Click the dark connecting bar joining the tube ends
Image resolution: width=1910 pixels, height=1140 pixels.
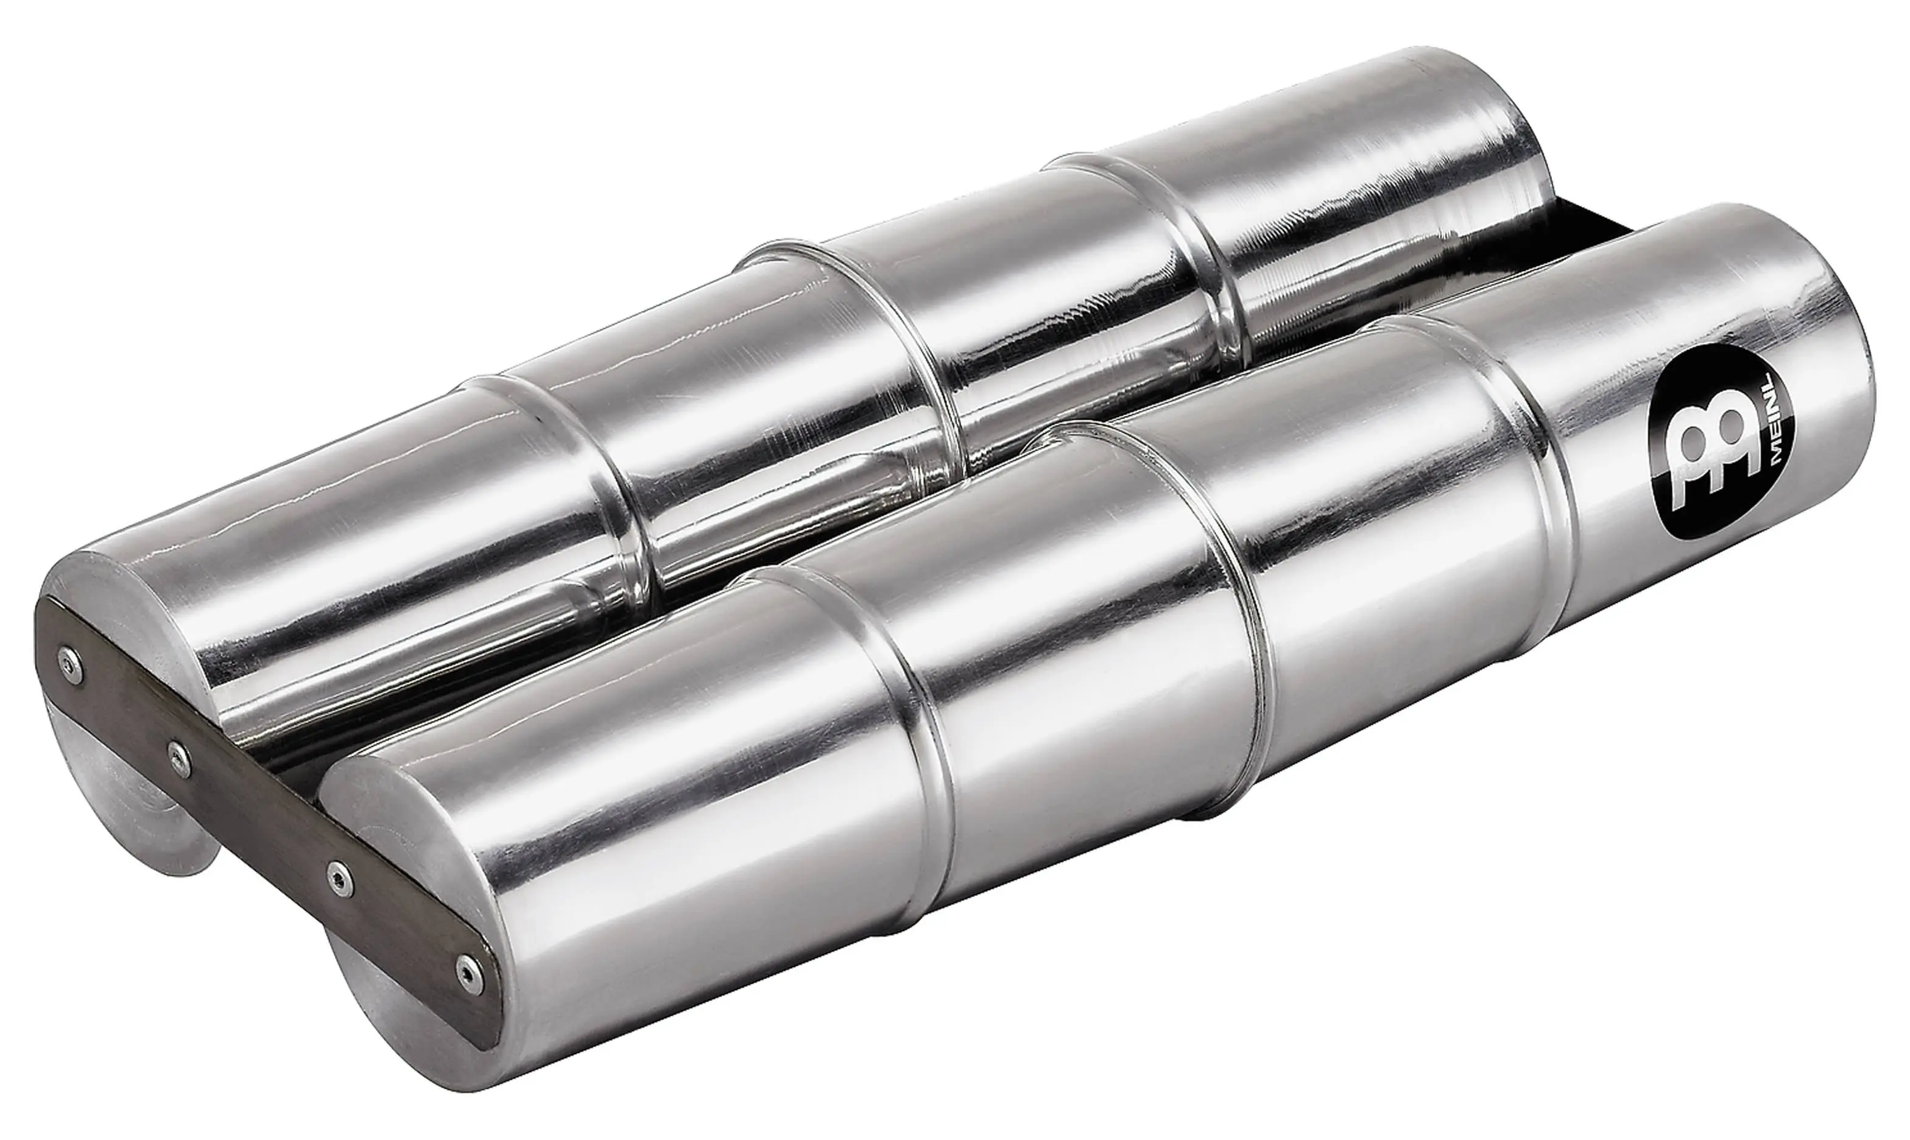coord(269,814)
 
